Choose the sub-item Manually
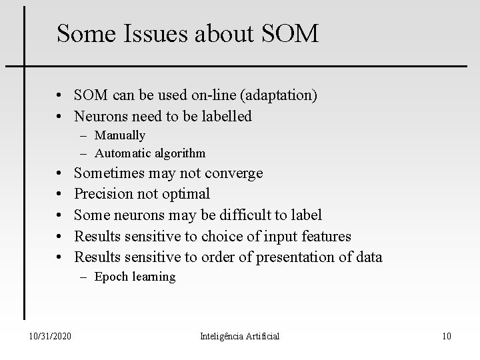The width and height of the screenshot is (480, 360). click(x=120, y=135)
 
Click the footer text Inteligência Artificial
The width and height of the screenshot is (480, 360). click(x=239, y=336)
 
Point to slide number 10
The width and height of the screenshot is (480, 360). click(x=446, y=336)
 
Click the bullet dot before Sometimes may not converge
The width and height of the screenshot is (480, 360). click(x=60, y=173)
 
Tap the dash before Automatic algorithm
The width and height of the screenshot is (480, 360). click(x=87, y=153)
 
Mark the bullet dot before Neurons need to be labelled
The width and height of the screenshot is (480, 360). click(x=60, y=117)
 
